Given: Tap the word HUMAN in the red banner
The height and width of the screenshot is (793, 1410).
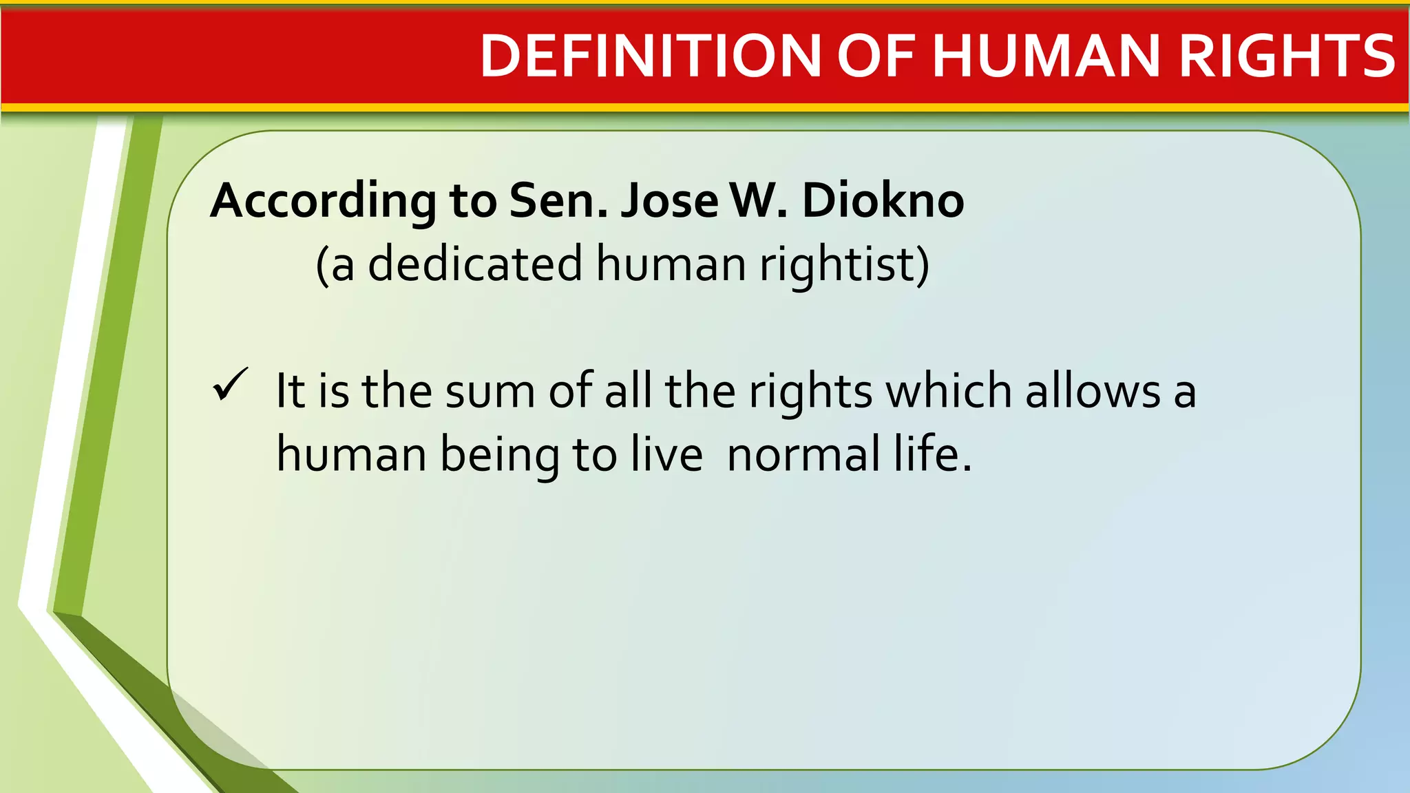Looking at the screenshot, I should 1046,56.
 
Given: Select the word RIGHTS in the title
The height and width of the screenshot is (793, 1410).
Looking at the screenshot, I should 1287,56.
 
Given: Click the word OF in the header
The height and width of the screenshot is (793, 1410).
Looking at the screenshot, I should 876,56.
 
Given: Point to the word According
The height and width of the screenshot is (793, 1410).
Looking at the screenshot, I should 323,201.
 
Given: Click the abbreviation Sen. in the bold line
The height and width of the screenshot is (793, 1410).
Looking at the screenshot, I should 558,201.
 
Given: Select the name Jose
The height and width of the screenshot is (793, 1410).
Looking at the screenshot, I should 669,201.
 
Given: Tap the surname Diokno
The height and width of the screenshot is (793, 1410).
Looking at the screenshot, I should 883,201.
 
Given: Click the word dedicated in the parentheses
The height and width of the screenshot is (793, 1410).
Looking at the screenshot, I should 475,264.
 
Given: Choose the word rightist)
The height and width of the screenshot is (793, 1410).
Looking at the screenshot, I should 845,264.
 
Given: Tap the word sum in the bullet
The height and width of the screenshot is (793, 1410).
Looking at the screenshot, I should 490,391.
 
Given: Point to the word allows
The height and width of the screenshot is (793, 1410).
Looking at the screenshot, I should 1093,391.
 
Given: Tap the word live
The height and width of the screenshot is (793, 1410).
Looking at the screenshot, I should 667,454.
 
